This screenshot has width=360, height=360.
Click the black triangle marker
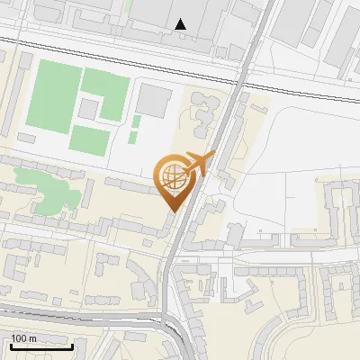[x=182, y=24]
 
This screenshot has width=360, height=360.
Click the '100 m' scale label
[x=23, y=338]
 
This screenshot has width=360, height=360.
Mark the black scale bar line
[x=40, y=346]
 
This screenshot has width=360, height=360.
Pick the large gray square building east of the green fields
[x=155, y=101]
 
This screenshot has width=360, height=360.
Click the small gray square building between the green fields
[x=88, y=109]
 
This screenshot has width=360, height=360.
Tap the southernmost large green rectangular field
[x=90, y=139]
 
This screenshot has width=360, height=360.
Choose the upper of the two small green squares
[x=136, y=121]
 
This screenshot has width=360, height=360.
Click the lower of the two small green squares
[x=133, y=138]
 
